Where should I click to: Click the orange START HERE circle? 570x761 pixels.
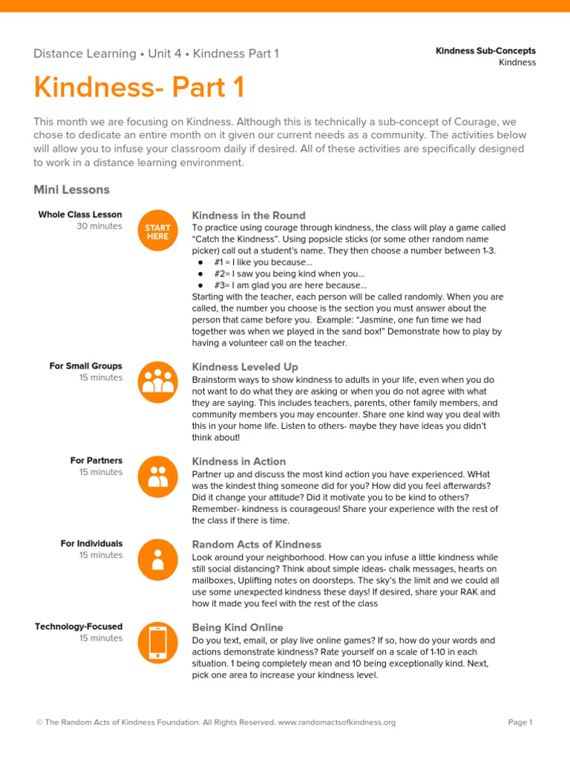pos(157,232)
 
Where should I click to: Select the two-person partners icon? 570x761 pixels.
pos(157,476)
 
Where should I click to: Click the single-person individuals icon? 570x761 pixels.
pos(157,559)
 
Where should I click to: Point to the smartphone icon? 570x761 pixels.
pos(157,641)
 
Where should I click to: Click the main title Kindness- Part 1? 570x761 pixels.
pos(139,88)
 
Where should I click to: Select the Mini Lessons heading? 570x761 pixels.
pos(71,190)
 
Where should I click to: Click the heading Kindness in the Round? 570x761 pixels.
pos(249,216)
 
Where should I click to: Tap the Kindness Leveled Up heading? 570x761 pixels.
pos(245,367)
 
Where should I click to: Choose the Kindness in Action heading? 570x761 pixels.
pos(239,462)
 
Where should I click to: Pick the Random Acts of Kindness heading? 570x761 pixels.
pos(257,545)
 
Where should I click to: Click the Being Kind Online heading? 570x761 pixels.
pos(237,627)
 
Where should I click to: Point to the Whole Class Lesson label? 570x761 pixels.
pos(80,215)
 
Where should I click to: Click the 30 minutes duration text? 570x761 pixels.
pos(99,226)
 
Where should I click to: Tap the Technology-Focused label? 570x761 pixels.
pos(79,626)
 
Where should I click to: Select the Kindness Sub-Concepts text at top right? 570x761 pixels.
pos(485,51)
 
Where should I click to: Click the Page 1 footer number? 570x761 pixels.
pos(520,722)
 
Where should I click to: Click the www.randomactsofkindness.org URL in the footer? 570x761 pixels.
pos(336,722)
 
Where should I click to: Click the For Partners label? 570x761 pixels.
pos(96,461)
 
